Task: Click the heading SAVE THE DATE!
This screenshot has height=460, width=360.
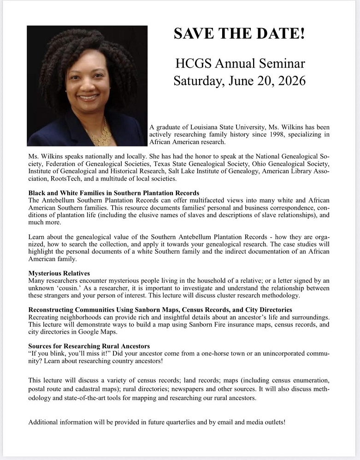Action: (x=239, y=34)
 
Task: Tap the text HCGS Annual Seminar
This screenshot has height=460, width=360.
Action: (x=240, y=64)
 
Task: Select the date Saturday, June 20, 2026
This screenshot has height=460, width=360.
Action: (x=239, y=81)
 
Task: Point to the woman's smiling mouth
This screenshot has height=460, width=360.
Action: (x=88, y=97)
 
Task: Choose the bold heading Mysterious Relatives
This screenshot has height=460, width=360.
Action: (x=59, y=273)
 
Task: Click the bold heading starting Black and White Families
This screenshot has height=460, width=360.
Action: (x=114, y=192)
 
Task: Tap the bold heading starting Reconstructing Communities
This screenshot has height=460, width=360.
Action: (x=160, y=310)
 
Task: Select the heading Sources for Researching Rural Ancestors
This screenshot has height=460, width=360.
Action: (x=89, y=346)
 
